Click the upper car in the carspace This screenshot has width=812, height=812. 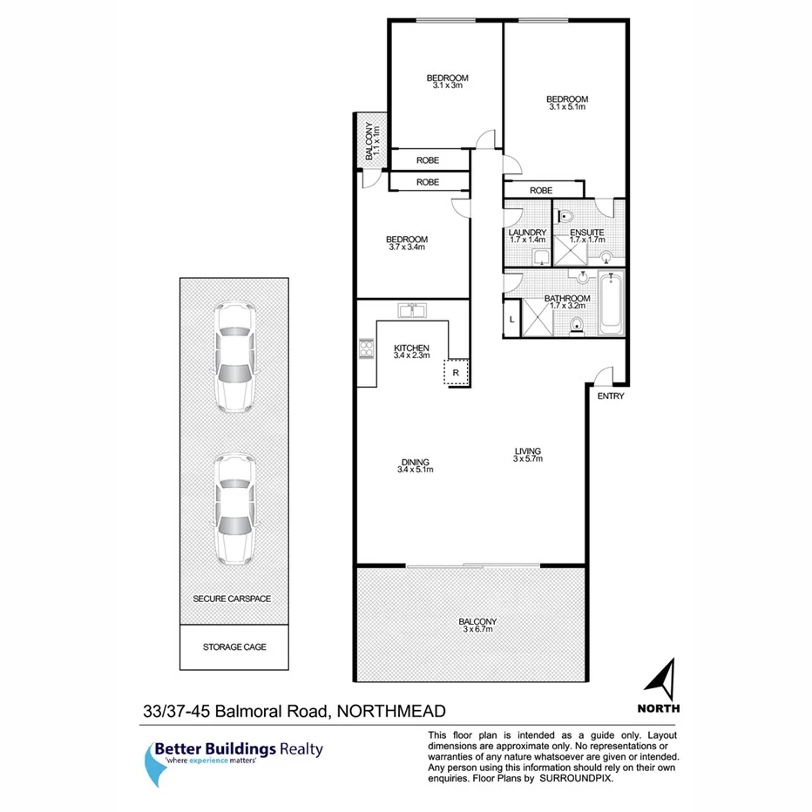[233, 356]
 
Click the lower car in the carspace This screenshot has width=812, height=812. [233, 507]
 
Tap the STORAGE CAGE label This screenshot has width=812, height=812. [233, 647]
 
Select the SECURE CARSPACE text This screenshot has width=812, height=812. [232, 599]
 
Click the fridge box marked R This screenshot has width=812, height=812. [456, 372]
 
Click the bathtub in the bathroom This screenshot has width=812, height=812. [611, 304]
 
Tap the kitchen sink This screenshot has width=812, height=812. [411, 309]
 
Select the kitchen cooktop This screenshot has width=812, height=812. [364, 350]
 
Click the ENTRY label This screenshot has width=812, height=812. [611, 396]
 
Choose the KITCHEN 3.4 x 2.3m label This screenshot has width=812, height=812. [411, 351]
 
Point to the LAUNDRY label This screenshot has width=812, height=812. [526, 235]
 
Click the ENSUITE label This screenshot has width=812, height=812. [585, 235]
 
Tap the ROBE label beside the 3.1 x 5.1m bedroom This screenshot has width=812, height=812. [540, 189]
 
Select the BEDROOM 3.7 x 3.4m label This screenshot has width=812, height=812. [408, 243]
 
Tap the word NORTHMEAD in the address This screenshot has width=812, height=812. [390, 712]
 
